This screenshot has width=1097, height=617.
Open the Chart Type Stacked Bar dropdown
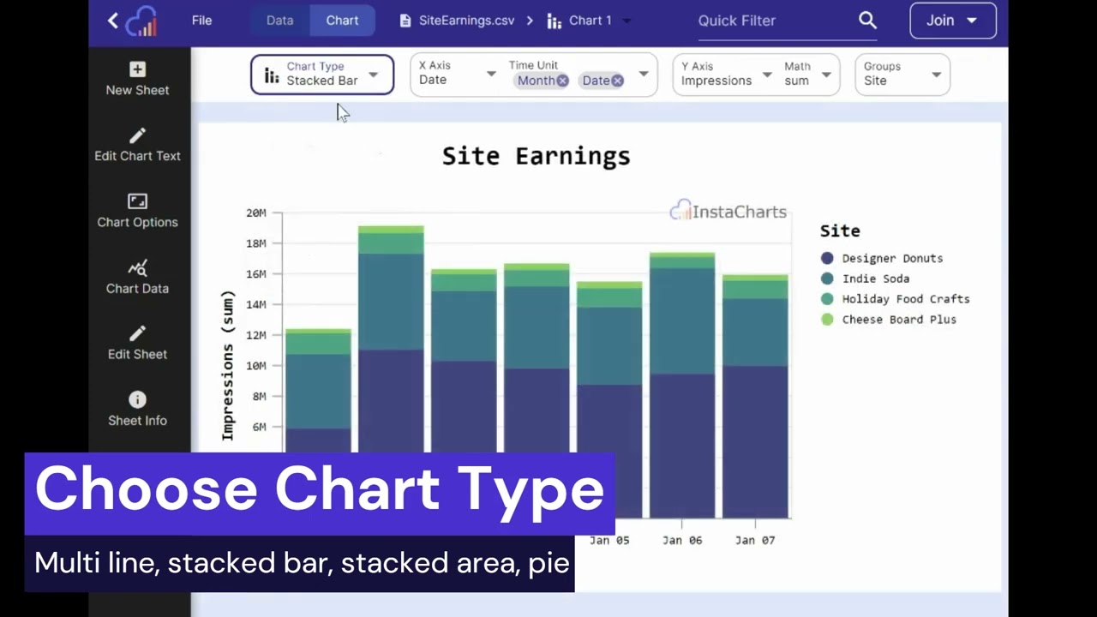click(322, 75)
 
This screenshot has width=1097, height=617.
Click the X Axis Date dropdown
click(456, 75)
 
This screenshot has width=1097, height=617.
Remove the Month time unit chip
click(562, 81)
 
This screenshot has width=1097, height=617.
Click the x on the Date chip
click(617, 81)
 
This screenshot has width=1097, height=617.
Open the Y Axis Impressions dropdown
click(725, 75)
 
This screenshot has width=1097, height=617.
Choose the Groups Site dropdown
click(902, 75)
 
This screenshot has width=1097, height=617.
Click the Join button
click(952, 21)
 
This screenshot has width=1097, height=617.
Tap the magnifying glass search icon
click(867, 21)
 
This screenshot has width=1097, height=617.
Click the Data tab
click(279, 21)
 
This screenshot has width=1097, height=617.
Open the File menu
click(201, 21)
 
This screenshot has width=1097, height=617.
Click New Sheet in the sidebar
click(137, 78)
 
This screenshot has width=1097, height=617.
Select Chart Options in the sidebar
click(137, 211)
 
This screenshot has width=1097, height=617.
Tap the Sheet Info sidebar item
click(137, 409)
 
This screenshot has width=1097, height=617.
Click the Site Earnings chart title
click(536, 156)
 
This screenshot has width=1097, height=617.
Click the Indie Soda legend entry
click(875, 279)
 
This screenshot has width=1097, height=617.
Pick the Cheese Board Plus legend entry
click(898, 320)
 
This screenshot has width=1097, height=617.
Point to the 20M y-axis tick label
click(255, 213)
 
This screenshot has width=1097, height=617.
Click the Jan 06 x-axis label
click(682, 540)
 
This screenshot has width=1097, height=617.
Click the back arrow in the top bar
click(113, 21)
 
